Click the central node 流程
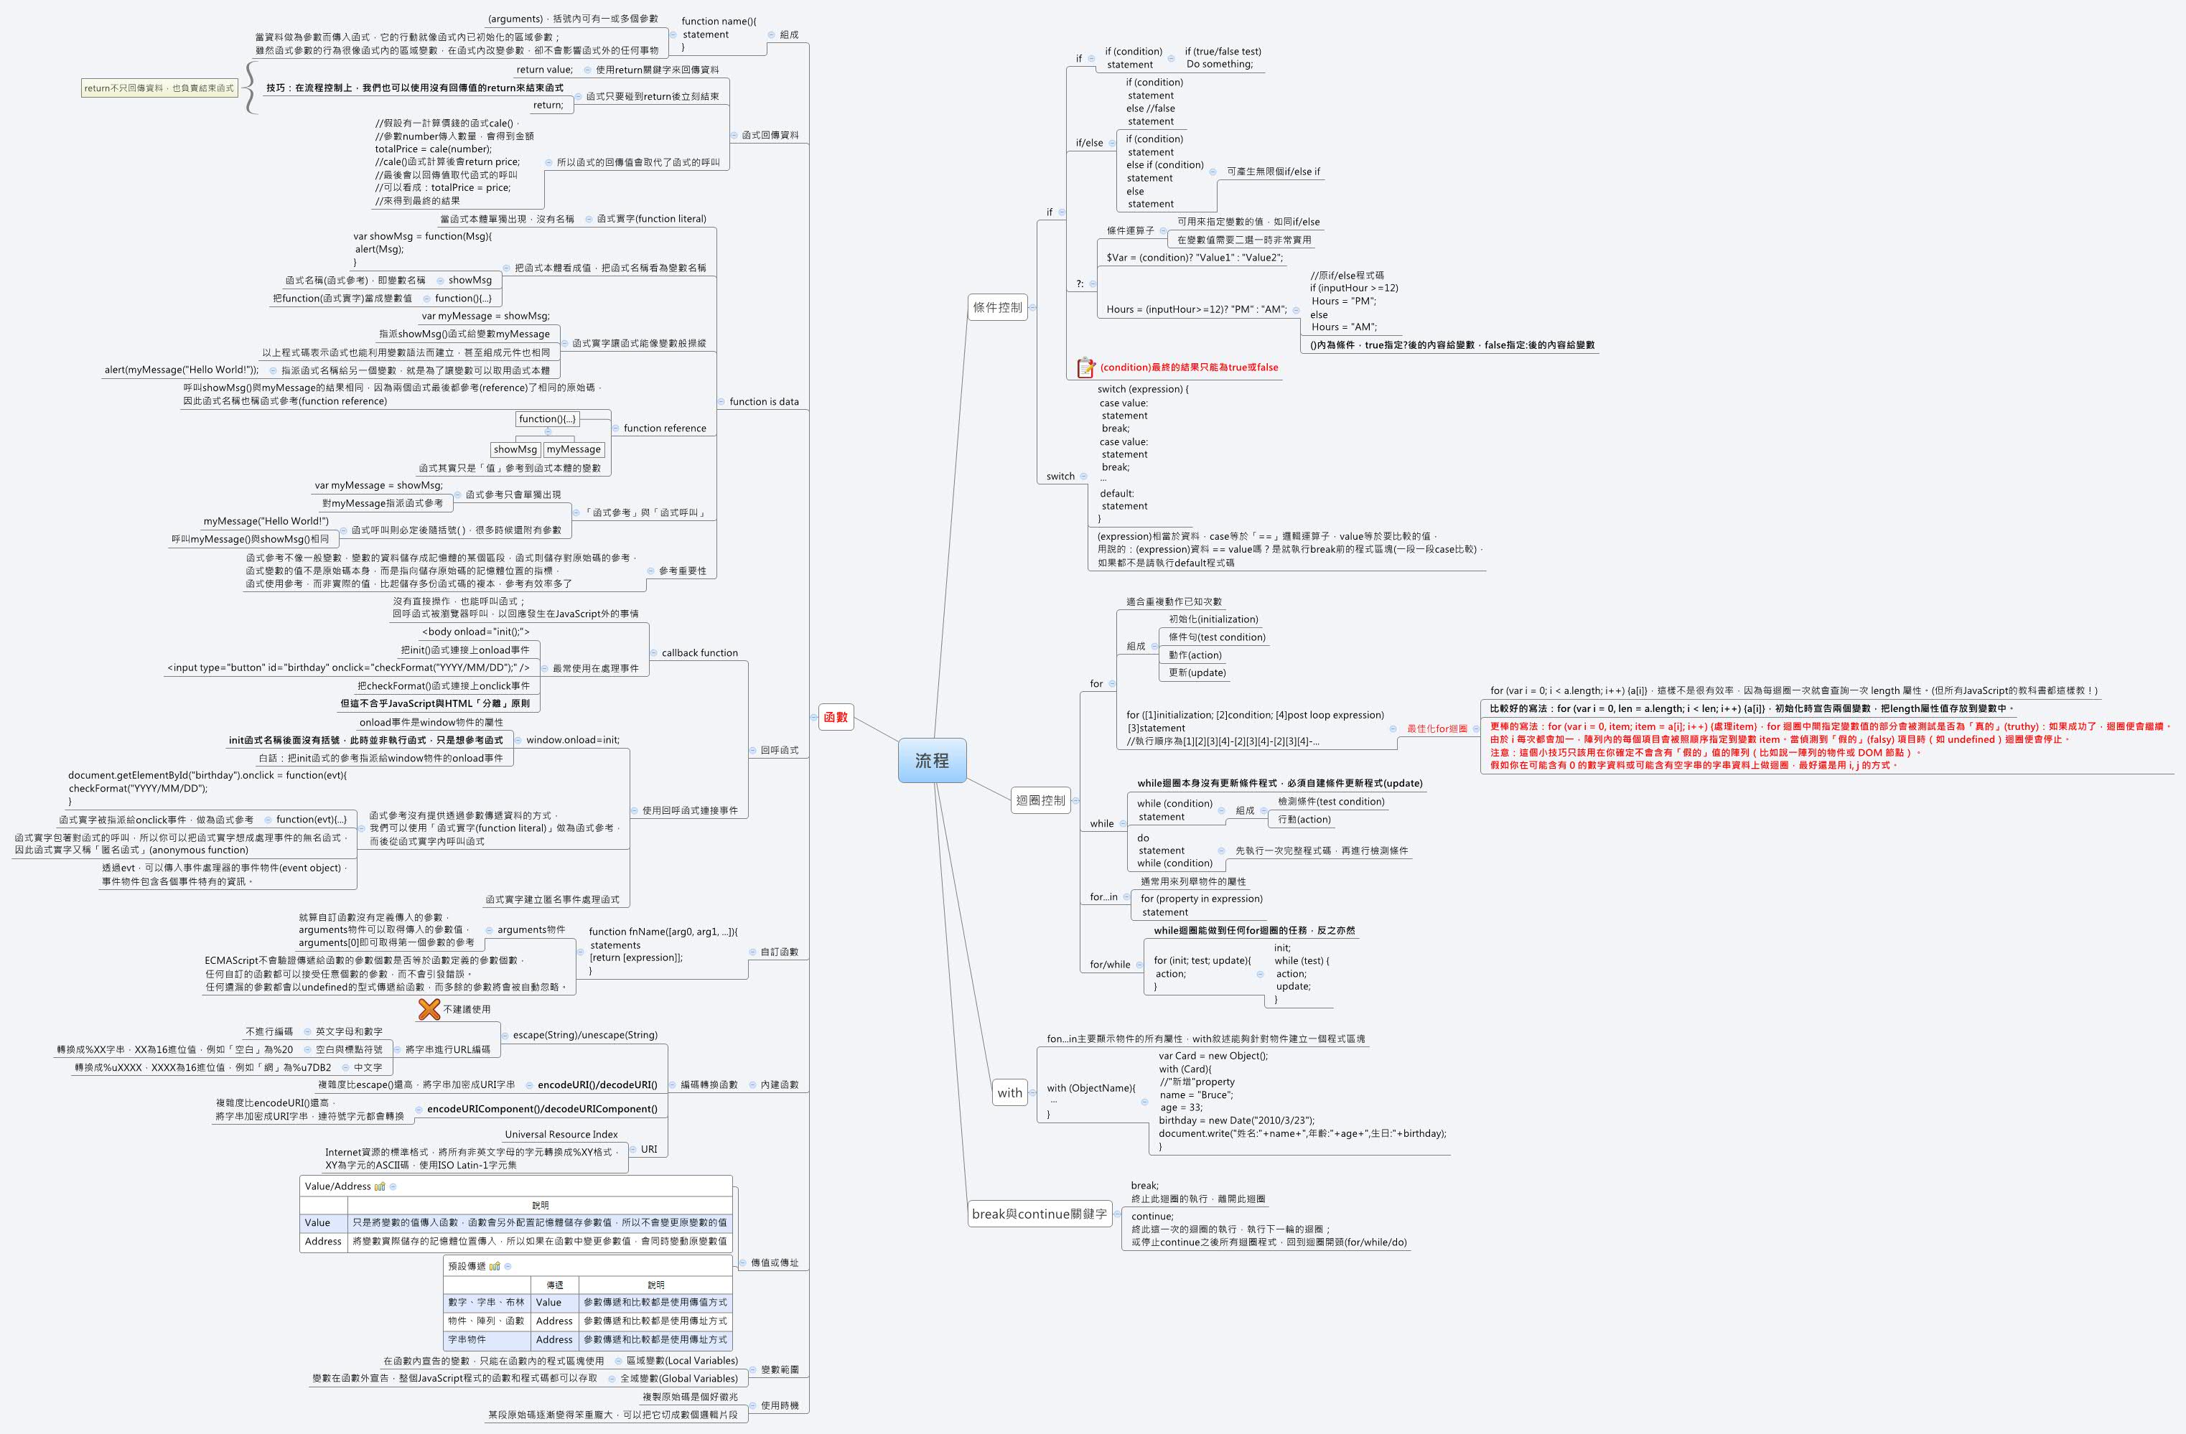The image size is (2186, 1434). (931, 760)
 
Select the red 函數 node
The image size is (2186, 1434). (836, 717)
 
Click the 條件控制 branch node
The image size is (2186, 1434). (997, 308)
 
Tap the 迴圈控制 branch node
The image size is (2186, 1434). (1040, 800)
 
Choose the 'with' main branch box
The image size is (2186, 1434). (1009, 1092)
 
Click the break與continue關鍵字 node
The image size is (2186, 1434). (1039, 1214)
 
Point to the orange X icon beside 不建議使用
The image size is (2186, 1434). (429, 1009)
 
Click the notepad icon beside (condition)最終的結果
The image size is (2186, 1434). (1085, 367)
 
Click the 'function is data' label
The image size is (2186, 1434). (763, 401)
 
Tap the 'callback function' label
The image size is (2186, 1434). (699, 652)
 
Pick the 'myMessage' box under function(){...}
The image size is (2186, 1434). (573, 449)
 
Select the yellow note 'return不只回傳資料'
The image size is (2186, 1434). (159, 88)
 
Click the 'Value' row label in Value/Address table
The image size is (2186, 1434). (318, 1223)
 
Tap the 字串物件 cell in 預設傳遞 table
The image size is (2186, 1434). (467, 1339)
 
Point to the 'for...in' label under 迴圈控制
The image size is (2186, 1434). (1103, 897)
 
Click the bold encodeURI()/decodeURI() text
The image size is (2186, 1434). (597, 1084)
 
